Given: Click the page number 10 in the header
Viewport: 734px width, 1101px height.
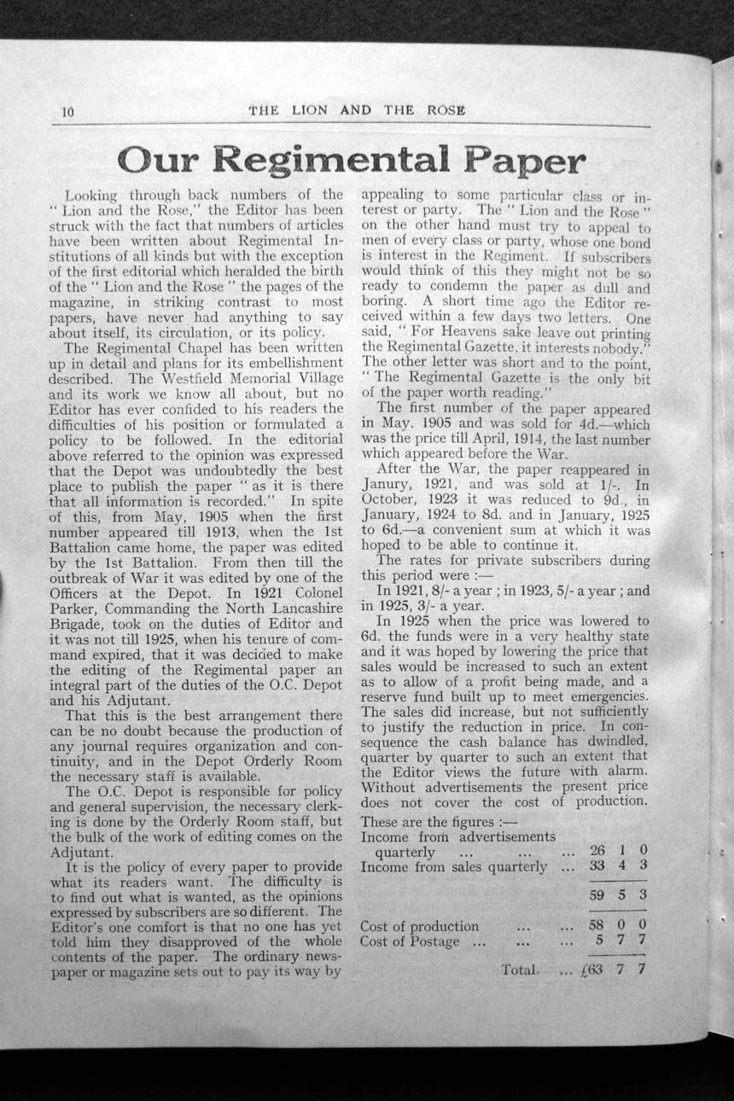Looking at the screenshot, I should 69,112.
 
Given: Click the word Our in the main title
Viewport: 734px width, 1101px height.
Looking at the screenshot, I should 160,160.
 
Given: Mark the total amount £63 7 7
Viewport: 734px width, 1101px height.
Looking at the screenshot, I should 613,970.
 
